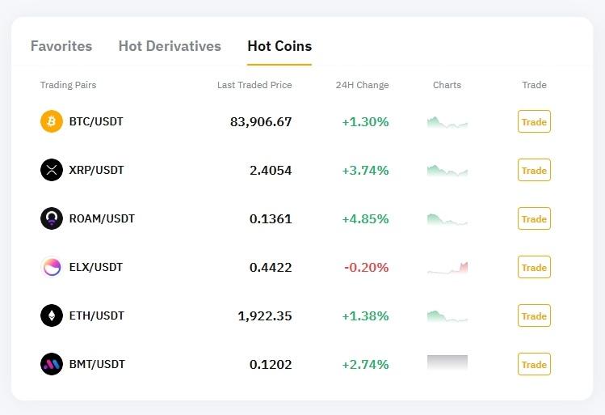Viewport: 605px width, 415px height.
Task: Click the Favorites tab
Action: (61, 46)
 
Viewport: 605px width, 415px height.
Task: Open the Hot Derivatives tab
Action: (170, 46)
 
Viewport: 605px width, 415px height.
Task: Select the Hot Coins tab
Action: (279, 46)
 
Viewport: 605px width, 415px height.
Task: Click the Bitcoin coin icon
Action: (52, 121)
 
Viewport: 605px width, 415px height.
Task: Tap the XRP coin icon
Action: (52, 170)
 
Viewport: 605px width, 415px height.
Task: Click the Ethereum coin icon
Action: (52, 315)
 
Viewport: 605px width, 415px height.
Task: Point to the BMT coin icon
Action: (52, 364)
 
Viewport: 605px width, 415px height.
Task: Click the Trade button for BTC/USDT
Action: (534, 122)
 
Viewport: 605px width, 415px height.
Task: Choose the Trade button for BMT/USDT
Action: (534, 365)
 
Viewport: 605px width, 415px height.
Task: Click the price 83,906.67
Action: (261, 122)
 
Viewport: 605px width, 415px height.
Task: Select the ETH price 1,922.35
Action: (265, 316)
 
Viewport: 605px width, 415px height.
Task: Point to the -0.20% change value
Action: (367, 268)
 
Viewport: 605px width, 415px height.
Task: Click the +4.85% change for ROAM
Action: (365, 219)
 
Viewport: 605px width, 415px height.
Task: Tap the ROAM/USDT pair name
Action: (102, 218)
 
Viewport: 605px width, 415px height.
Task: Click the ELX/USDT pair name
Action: (96, 267)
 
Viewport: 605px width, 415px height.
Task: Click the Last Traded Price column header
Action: (254, 85)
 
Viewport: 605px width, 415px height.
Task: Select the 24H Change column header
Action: (362, 85)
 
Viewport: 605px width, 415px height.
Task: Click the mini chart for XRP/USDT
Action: (447, 171)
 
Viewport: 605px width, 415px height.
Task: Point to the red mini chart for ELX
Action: (447, 268)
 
